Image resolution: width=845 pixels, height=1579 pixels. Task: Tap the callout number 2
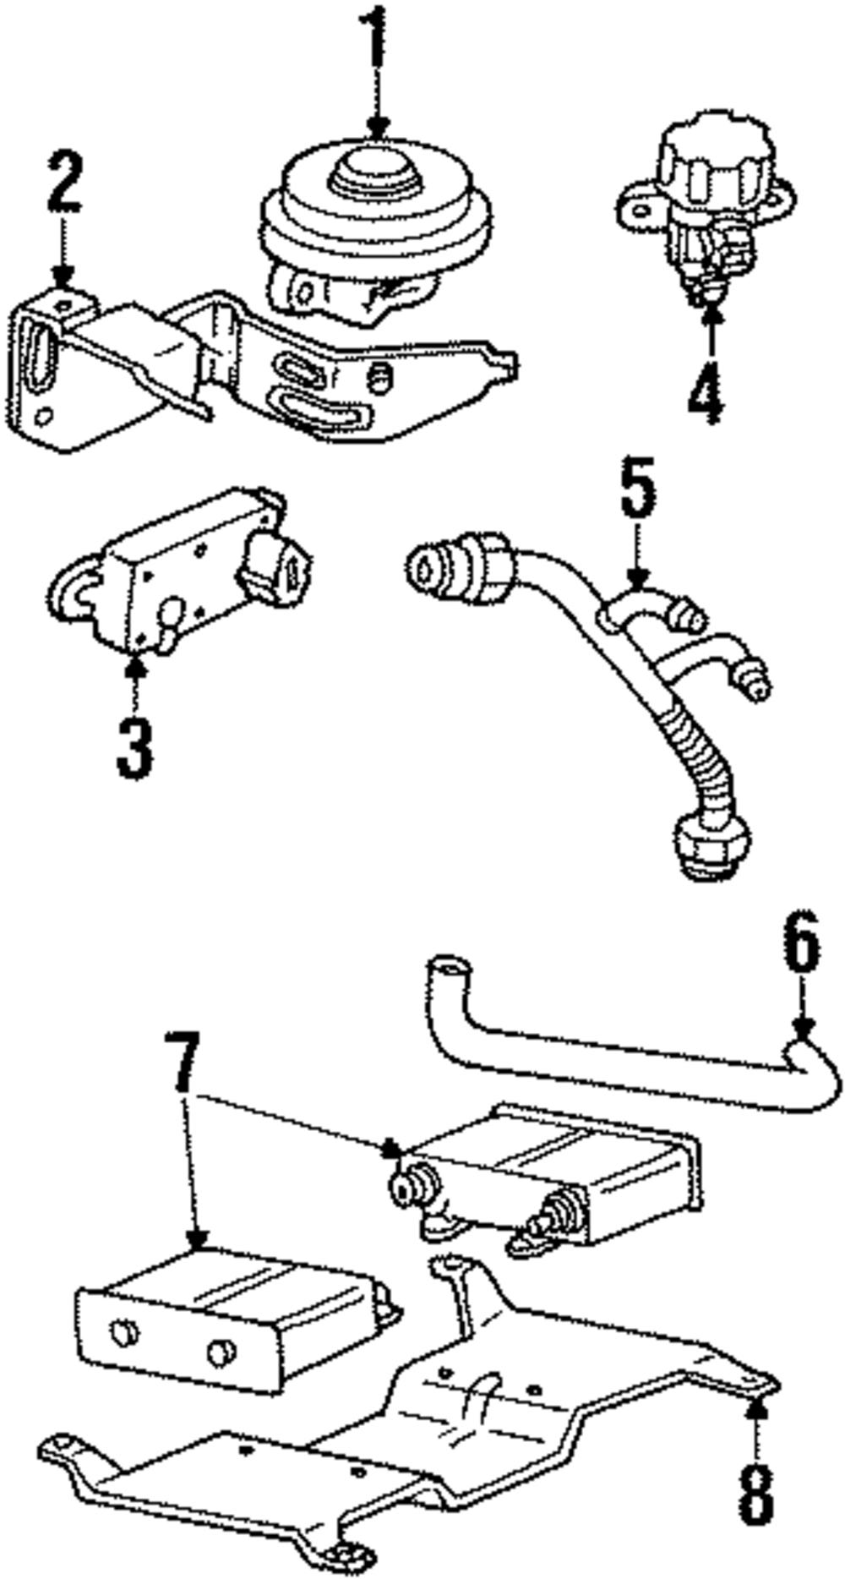pos(64,182)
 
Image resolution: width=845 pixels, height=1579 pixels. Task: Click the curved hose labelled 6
pos(625,1057)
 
